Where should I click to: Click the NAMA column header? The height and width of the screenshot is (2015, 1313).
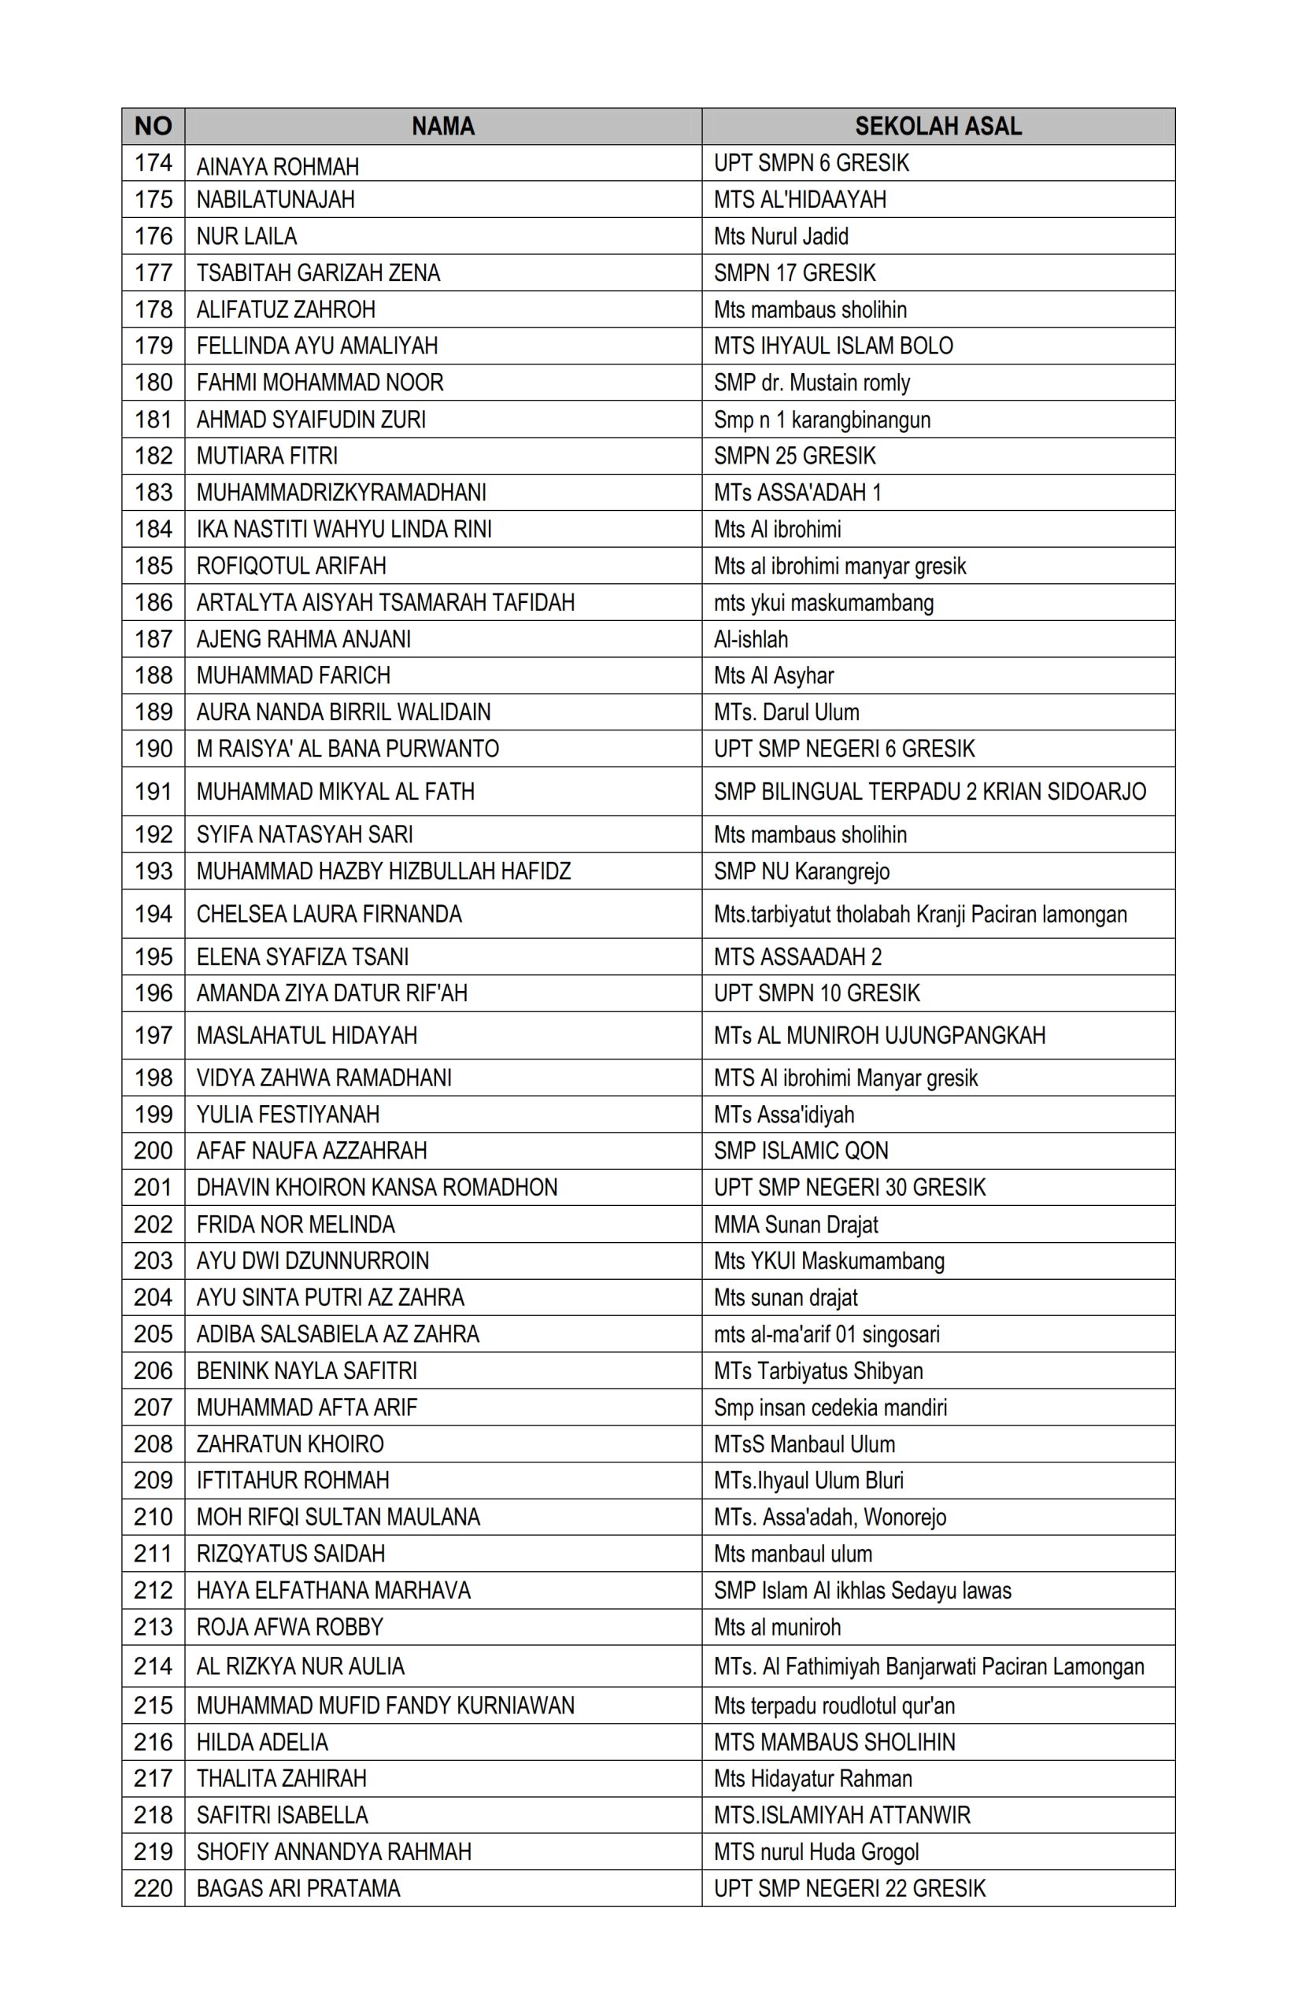pos(442,126)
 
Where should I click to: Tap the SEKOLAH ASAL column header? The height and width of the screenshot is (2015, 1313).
pos(938,126)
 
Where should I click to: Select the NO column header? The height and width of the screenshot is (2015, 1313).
pos(153,126)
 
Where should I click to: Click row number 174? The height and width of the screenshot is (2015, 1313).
pos(153,163)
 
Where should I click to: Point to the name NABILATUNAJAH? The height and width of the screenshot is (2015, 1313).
pos(276,200)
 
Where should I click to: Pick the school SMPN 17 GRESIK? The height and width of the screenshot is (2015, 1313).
pos(794,272)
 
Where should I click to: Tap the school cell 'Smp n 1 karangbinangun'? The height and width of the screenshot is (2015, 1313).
pos(821,420)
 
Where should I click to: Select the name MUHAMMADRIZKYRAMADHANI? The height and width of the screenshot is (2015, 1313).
pos(341,493)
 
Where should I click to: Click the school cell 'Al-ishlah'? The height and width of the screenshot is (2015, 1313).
pos(750,639)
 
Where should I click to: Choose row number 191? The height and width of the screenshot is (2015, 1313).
pos(153,792)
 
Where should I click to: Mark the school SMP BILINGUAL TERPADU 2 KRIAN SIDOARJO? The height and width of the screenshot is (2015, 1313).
pos(929,792)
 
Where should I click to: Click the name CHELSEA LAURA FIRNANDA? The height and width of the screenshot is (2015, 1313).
pos(328,915)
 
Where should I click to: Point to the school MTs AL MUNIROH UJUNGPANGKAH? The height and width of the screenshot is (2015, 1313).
pos(878,1035)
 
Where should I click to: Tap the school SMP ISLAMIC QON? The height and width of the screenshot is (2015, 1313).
pos(800,1151)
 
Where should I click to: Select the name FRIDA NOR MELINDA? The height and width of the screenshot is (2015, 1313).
pos(295,1224)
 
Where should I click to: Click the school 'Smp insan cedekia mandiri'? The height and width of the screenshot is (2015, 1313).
pos(830,1407)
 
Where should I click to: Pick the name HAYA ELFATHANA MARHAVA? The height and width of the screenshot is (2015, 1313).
pos(333,1590)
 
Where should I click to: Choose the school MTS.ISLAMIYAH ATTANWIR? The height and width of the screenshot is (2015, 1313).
pos(841,1815)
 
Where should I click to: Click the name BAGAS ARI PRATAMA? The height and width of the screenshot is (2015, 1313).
pos(298,1888)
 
